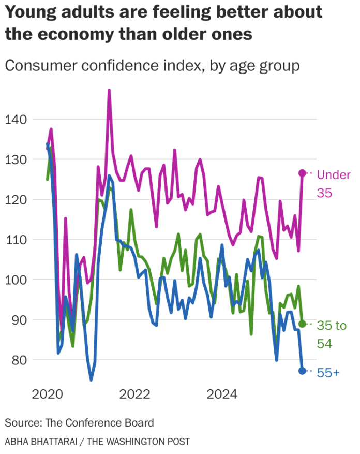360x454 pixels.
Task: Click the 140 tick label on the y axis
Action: pyautogui.click(x=16, y=120)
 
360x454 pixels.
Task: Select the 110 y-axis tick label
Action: pyautogui.click(x=16, y=240)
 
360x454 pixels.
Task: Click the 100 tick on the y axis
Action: pyautogui.click(x=16, y=280)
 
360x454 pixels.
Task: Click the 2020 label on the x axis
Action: pyautogui.click(x=48, y=394)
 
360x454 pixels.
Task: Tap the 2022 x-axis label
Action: pyautogui.click(x=135, y=394)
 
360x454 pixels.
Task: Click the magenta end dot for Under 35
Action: pyautogui.click(x=303, y=173)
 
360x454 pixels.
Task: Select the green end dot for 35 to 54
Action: pyautogui.click(x=303, y=324)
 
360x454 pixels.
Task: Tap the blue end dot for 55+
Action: pyautogui.click(x=303, y=371)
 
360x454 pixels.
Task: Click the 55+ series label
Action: pyautogui.click(x=328, y=372)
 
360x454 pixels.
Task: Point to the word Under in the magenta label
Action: pyautogui.click(x=334, y=175)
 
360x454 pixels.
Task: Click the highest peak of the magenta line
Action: pyautogui.click(x=109, y=90)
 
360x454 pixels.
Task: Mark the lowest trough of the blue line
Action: pyautogui.click(x=91, y=380)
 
